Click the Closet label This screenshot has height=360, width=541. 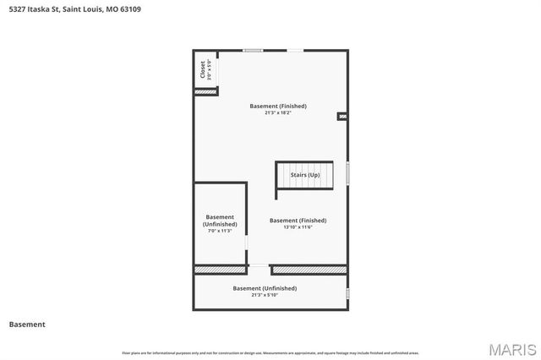[203, 68]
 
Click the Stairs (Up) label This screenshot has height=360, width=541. [305, 175]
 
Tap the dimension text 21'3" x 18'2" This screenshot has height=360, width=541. [278, 113]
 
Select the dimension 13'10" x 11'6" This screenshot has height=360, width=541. [298, 227]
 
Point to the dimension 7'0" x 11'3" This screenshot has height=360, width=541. [220, 231]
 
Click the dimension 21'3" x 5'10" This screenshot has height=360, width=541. [265, 295]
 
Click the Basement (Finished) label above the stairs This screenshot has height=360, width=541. [278, 106]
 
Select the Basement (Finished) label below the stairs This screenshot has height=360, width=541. [298, 221]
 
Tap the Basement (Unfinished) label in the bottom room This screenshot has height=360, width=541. [265, 288]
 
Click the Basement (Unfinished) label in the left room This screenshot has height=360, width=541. [220, 221]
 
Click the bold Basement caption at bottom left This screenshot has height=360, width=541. [27, 325]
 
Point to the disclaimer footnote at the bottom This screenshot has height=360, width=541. [270, 352]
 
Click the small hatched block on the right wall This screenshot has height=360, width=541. [342, 117]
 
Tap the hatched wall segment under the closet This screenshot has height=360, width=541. [205, 91]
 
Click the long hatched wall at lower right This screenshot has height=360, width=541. [309, 270]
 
